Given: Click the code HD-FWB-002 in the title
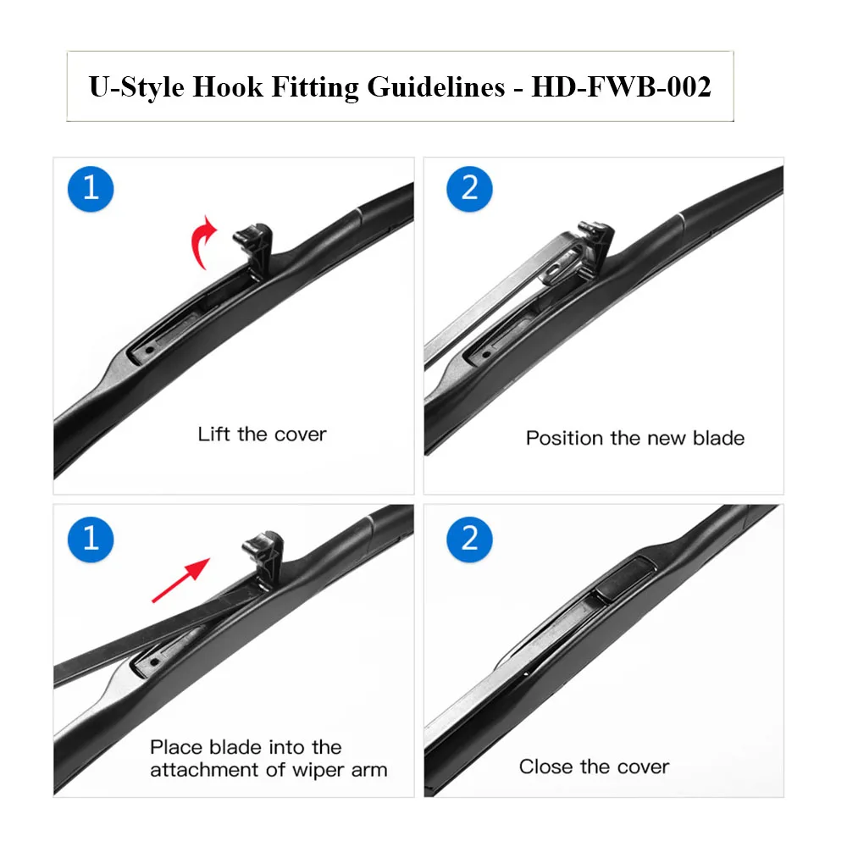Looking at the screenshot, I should [x=621, y=87].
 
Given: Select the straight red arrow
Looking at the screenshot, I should [x=180, y=580].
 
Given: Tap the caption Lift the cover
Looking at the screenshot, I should [x=262, y=435].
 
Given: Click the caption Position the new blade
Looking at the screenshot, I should [x=634, y=438].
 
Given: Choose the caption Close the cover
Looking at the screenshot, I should [x=594, y=767].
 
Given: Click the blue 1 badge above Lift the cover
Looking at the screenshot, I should [x=91, y=187].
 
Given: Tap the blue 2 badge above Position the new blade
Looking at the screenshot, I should [x=470, y=187].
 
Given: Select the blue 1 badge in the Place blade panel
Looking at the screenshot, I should [x=91, y=539].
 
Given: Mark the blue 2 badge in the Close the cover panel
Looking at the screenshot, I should [x=470, y=539].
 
